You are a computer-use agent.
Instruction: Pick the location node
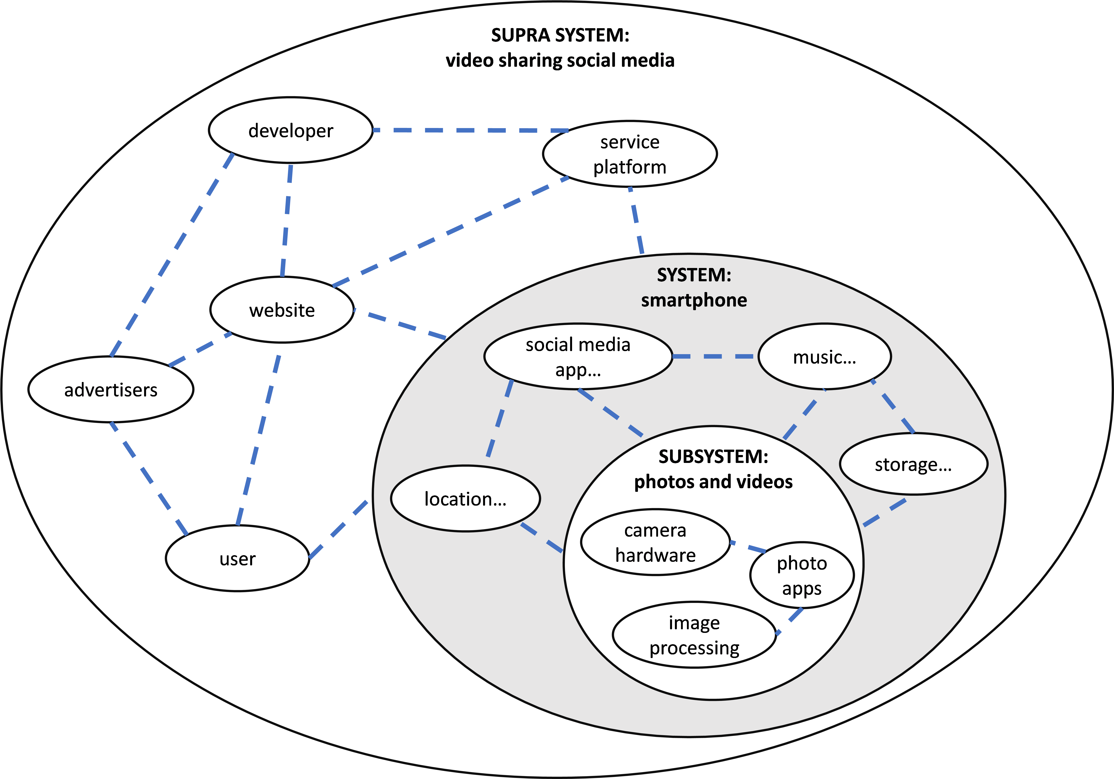click(x=465, y=499)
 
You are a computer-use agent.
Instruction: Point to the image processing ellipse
click(x=694, y=635)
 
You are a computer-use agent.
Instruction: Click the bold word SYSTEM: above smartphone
click(x=694, y=275)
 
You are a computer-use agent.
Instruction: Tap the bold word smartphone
click(x=694, y=300)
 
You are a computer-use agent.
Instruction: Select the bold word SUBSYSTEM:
click(x=713, y=457)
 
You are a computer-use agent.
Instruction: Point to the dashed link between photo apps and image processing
click(x=789, y=621)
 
